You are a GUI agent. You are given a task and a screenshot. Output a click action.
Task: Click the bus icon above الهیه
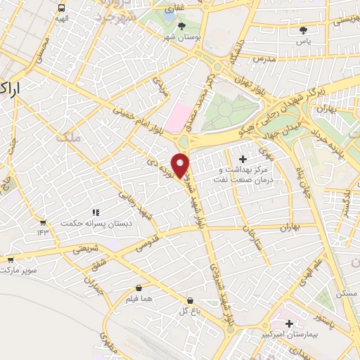[x=62, y=8]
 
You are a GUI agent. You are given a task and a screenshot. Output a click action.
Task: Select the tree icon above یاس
[x=304, y=30]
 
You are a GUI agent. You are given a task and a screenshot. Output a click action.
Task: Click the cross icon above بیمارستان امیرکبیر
[x=289, y=323]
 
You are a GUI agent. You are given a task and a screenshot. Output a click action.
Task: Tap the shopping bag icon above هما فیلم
[x=139, y=288]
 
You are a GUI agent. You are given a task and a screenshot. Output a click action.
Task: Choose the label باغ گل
[x=186, y=309]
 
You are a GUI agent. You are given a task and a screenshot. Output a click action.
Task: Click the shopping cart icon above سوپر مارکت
[x=10, y=259]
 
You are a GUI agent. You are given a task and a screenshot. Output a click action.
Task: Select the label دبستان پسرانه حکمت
[x=96, y=224]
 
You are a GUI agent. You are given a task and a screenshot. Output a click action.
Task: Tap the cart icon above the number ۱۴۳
[x=43, y=221]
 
